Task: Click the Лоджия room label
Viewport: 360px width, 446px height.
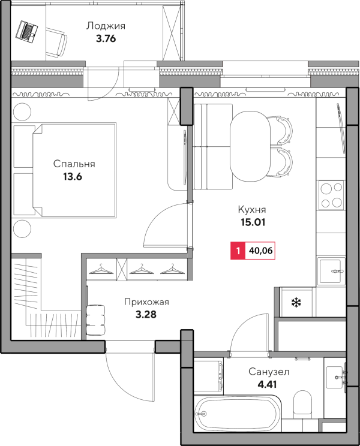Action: point(106,26)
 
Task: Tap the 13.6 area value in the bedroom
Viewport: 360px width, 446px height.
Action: point(73,177)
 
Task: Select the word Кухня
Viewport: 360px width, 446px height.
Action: point(252,210)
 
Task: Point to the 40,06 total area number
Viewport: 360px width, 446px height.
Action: point(260,251)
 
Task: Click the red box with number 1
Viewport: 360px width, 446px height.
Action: point(238,251)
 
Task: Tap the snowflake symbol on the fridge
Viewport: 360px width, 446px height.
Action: point(296,302)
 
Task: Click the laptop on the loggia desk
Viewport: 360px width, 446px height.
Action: point(26,31)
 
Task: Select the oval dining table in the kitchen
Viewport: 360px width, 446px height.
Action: point(250,146)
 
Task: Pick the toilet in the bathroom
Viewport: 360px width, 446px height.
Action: point(302,403)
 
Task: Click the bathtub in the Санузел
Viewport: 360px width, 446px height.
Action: point(238,414)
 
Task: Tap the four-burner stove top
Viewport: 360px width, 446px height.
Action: point(332,195)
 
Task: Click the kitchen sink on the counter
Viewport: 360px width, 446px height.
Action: point(331,272)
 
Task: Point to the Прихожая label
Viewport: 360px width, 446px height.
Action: point(146,302)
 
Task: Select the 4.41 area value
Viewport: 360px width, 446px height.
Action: point(267,385)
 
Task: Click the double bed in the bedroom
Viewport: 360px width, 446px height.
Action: point(74,170)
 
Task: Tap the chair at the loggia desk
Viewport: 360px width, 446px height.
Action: point(56,43)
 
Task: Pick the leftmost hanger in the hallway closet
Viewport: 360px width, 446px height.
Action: point(101,269)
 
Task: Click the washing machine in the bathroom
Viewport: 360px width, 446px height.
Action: point(208,376)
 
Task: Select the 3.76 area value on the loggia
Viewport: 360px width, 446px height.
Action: point(106,38)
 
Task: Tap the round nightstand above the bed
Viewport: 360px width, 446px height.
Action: point(22,111)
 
